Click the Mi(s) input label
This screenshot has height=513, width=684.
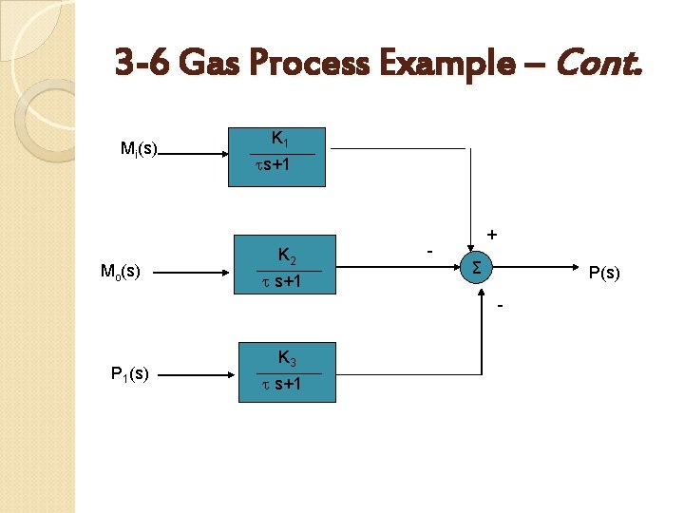click(139, 148)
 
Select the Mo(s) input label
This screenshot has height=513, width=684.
click(121, 272)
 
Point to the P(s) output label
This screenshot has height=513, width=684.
click(605, 275)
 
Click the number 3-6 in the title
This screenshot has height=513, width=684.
click(139, 66)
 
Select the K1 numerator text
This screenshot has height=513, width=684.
click(281, 139)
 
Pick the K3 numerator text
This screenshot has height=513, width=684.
click(287, 357)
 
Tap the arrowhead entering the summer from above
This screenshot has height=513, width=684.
click(468, 246)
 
